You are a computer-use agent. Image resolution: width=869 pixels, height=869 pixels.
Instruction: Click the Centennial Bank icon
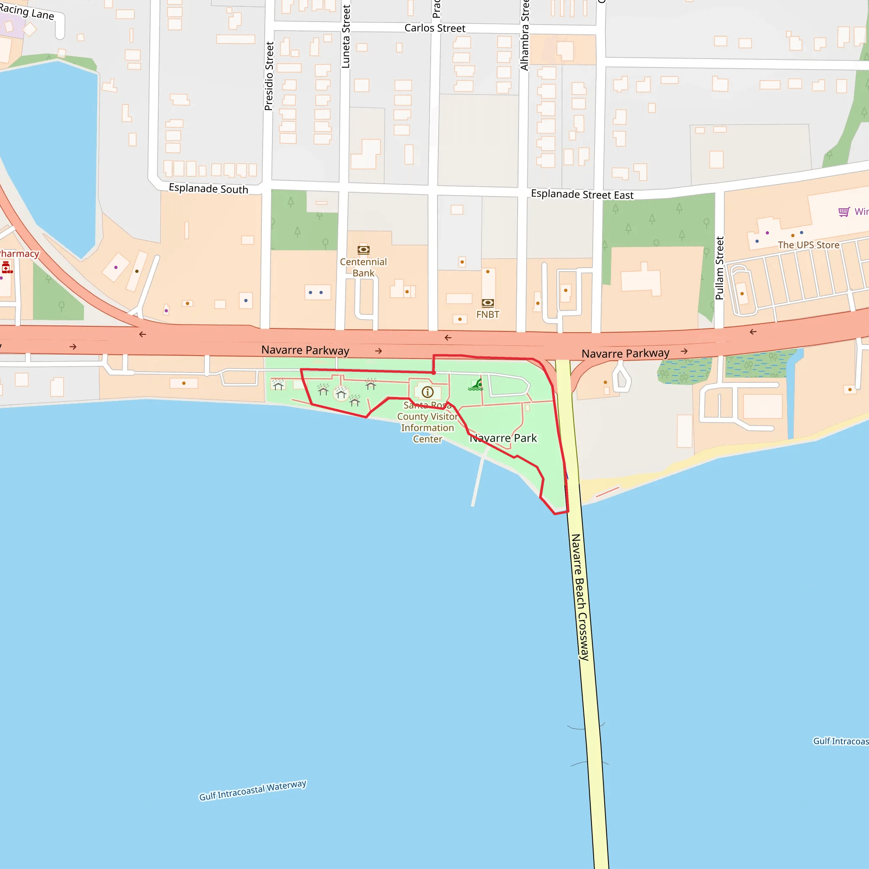click(364, 249)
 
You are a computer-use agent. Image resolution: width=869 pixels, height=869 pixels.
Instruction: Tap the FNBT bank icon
click(488, 303)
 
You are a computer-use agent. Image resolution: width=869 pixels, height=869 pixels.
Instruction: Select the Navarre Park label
click(503, 438)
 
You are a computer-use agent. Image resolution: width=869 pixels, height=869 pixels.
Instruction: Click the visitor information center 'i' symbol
click(427, 392)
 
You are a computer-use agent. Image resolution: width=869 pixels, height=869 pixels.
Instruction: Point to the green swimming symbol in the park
click(476, 385)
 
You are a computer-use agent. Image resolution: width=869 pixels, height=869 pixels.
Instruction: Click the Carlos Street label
click(434, 28)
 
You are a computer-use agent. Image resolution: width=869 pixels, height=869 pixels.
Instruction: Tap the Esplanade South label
click(208, 188)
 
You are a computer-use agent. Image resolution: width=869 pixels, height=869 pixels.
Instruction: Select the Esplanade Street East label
click(582, 194)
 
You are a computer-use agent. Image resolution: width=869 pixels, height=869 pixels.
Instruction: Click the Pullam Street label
click(719, 268)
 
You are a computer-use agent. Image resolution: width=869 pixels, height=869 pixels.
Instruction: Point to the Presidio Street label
click(269, 76)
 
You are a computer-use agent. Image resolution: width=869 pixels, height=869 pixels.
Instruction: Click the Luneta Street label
click(345, 37)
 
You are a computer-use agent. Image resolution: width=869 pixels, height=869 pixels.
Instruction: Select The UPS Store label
click(808, 245)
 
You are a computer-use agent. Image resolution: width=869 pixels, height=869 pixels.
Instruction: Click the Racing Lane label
click(27, 12)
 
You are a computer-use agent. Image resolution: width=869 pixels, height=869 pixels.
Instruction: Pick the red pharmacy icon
click(6, 268)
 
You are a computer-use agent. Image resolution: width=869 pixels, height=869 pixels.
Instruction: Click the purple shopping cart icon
click(844, 211)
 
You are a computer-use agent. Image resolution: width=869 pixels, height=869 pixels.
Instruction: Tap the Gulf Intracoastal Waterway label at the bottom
click(252, 790)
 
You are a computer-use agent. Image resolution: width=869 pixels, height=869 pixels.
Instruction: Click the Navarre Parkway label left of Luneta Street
click(305, 350)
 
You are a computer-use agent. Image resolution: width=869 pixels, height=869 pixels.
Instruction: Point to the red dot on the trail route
click(434, 373)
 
